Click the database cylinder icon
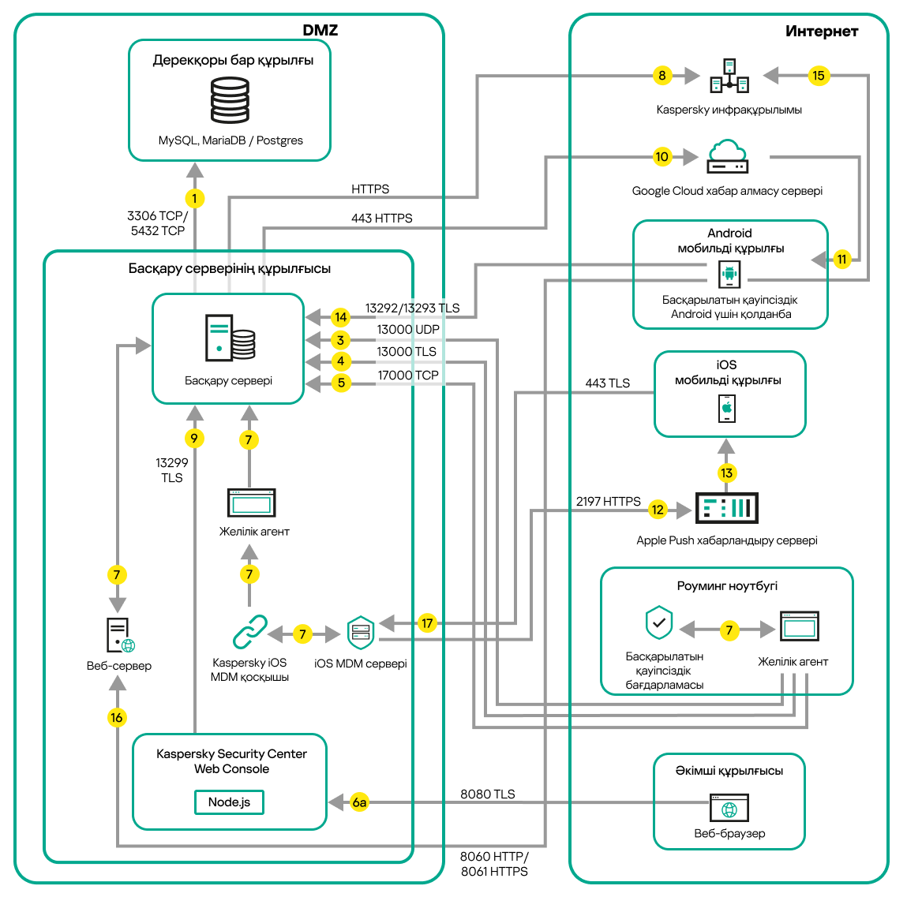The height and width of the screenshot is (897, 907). pos(230,100)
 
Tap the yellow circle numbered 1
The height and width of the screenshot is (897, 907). pos(194,198)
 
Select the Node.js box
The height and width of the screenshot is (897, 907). pos(229,802)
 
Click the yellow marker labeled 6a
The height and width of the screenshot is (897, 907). pos(359,802)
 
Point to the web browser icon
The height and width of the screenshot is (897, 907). pos(729,809)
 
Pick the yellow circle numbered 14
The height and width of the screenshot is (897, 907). pos(340,317)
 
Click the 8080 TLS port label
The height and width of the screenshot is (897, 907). pos(487,794)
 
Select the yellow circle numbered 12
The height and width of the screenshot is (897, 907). pos(658,510)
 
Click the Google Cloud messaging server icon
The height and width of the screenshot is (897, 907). pos(727,157)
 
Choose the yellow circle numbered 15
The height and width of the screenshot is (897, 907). pos(818,76)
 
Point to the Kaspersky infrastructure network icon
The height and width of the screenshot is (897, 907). pos(729,76)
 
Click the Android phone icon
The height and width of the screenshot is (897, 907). pos(729,275)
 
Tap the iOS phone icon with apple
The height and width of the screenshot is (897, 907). pos(727,409)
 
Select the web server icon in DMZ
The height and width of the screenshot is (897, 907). pos(119,635)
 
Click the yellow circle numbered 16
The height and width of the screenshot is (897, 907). pos(117,717)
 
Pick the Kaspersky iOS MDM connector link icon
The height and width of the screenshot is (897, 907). pos(249,632)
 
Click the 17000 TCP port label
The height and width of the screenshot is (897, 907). pos(407,376)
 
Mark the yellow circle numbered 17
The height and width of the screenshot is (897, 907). pos(427,623)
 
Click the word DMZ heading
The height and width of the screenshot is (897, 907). pos(320,31)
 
